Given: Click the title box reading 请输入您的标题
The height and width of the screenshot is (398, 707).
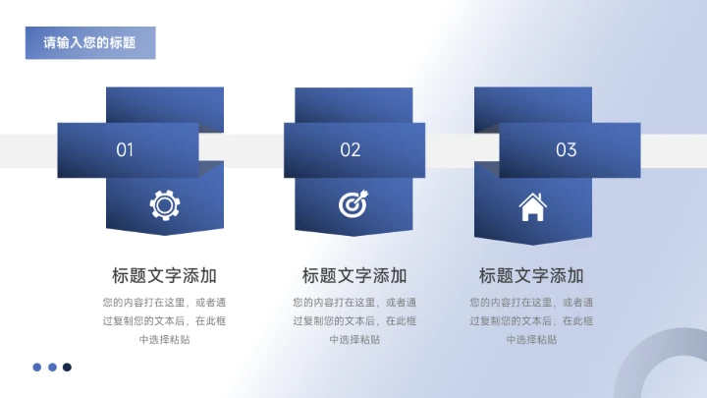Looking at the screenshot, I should (89, 43).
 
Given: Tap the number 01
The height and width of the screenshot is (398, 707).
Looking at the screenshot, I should (125, 150).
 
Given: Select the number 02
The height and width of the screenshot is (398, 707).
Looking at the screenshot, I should (351, 150).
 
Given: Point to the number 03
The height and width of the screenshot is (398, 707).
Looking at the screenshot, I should (567, 150).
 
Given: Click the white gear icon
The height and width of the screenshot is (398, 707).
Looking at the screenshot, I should (165, 204).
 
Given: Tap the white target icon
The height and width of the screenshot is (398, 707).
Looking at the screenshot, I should (353, 203).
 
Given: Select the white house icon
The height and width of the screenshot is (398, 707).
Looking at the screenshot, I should (532, 206).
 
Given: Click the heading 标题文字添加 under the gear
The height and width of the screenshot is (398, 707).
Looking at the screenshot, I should (165, 275).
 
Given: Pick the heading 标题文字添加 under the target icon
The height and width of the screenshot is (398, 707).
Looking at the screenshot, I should (354, 275).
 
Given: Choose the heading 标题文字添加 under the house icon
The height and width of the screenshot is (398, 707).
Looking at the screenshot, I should (531, 275).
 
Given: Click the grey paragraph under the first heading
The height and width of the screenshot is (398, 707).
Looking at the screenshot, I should (165, 320).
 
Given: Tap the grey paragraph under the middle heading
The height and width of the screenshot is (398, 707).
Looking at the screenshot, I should (354, 320).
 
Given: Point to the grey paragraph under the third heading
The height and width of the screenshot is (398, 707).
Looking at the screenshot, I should (531, 320).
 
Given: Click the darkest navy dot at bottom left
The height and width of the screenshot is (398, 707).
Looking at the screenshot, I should (68, 368).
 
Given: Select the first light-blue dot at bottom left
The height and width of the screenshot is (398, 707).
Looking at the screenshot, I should (37, 368).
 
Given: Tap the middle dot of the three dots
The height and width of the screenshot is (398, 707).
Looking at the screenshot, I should (52, 368).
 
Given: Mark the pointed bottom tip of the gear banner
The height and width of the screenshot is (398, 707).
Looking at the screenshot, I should (165, 235).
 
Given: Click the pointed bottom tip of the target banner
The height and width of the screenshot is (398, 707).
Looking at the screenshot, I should (353, 235).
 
